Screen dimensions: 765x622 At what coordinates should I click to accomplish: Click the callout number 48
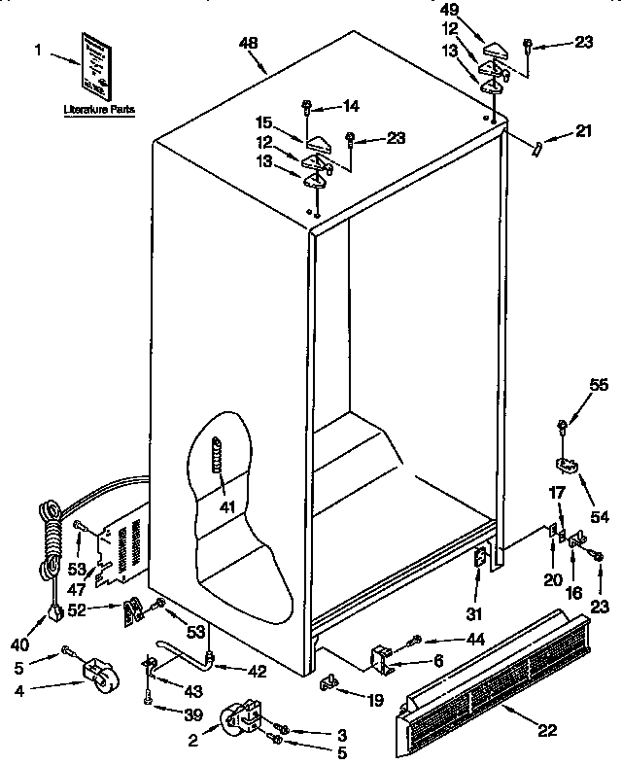point(251,45)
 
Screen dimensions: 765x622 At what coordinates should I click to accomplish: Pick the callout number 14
point(351,105)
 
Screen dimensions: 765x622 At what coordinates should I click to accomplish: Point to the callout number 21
point(581,131)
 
